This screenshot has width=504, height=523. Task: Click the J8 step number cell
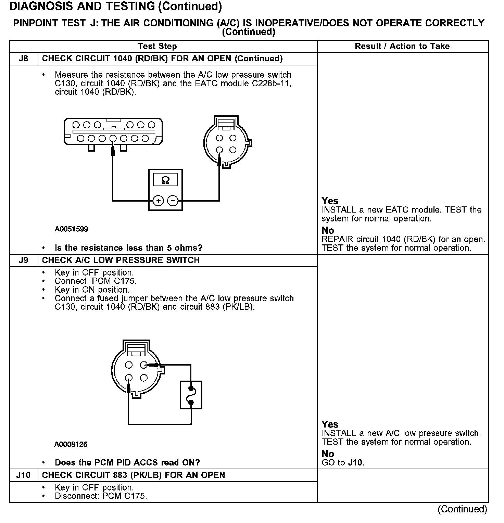coord(23,59)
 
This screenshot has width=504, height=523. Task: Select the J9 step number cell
coord(23,260)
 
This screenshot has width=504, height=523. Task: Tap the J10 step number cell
coord(23,475)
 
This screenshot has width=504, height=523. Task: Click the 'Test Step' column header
coord(157,46)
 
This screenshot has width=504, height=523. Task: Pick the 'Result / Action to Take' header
coord(402,46)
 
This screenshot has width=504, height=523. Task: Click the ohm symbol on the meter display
coord(165,180)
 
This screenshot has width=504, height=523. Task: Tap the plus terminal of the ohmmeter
coord(158,201)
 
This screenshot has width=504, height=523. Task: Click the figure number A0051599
coord(71,229)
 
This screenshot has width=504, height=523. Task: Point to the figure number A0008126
coord(71,444)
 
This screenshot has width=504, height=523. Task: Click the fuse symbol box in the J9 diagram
coord(191,395)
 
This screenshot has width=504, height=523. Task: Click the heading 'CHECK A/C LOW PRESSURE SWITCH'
coord(121,260)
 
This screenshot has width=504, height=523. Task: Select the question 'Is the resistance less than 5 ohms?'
coord(128,248)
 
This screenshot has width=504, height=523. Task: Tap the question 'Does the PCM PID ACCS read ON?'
coord(127,463)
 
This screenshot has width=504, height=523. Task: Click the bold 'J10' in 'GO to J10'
coord(356,463)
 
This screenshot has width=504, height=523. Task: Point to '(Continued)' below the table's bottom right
coord(462,509)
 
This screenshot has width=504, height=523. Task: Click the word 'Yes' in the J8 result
coord(330,201)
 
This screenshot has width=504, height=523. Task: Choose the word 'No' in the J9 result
coord(328,454)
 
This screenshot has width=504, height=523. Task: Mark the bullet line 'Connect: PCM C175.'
coord(96,281)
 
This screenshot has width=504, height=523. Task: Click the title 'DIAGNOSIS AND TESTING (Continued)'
coord(115,6)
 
